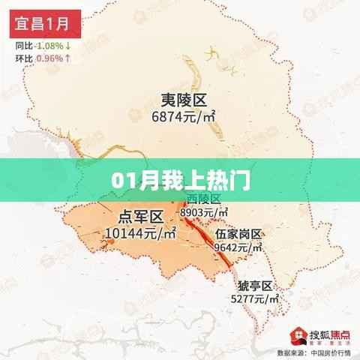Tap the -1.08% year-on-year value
coord(49,45)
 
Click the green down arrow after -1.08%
coord(67,45)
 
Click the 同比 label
coord(23,45)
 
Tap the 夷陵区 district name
coord(183,100)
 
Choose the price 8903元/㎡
coord(205,213)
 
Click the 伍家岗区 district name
coord(238,234)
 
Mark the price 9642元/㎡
coord(239,247)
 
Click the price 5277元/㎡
coord(254,300)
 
